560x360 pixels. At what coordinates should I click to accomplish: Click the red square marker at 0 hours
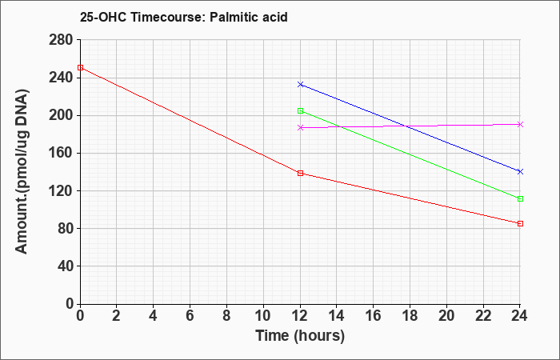[x=80, y=67]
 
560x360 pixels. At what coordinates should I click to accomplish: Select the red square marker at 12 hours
[x=300, y=174]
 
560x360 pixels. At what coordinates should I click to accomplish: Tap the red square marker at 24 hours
[x=520, y=223]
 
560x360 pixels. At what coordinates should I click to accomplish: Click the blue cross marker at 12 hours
[x=300, y=84]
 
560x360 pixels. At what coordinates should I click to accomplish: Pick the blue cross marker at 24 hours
[x=520, y=172]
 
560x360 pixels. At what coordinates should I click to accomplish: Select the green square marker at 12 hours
[x=300, y=110]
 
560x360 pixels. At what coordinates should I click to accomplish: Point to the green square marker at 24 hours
[x=520, y=198]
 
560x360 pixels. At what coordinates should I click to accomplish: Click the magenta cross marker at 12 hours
[x=300, y=127]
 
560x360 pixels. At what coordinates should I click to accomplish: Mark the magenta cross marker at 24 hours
[x=520, y=124]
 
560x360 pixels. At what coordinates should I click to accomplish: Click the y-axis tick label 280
[x=60, y=40]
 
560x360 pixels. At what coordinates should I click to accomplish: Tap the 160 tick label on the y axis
[x=60, y=154]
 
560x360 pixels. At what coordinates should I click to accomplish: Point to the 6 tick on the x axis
[x=190, y=316]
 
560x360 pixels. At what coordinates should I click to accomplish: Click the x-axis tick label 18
[x=410, y=316]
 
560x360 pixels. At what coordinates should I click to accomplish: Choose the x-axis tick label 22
[x=483, y=316]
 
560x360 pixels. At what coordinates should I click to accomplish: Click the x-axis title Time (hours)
[x=300, y=336]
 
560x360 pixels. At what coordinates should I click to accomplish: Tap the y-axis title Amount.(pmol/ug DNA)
[x=22, y=171]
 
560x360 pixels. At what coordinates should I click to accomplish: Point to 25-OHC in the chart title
[x=103, y=17]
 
